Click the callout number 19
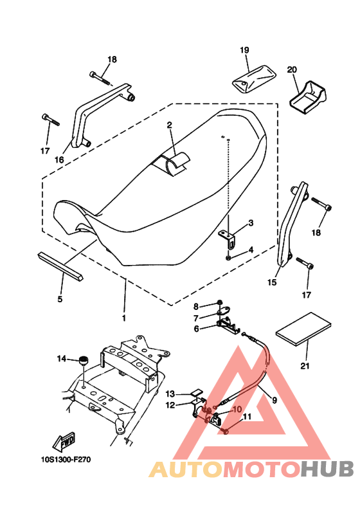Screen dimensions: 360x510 point(244,50)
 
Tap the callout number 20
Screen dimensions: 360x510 point(292,69)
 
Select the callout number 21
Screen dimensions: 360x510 point(305,366)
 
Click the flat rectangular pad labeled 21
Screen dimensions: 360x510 point(303,329)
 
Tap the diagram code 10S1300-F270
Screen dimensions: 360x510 point(66,460)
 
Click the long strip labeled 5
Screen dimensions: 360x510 point(60,264)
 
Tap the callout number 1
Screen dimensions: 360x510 point(123,318)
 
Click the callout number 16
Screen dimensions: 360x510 point(59,159)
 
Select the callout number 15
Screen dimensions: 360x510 point(272,282)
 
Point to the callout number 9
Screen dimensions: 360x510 point(274,400)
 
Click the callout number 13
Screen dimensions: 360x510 point(170,394)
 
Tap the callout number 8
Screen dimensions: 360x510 point(196,306)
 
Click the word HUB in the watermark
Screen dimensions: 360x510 point(327,469)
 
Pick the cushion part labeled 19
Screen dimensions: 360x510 point(254,79)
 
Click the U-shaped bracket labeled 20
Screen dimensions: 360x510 point(307,97)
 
